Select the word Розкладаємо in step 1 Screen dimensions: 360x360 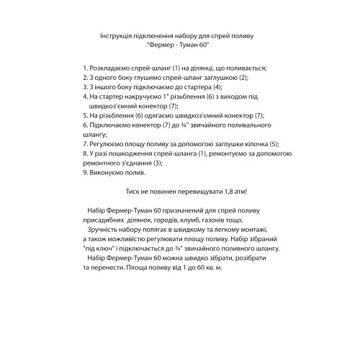click(111, 67)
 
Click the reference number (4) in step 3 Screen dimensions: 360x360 click(214, 86)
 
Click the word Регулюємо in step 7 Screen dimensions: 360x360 click(107, 143)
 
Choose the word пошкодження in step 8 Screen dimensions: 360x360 click(132, 152)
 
